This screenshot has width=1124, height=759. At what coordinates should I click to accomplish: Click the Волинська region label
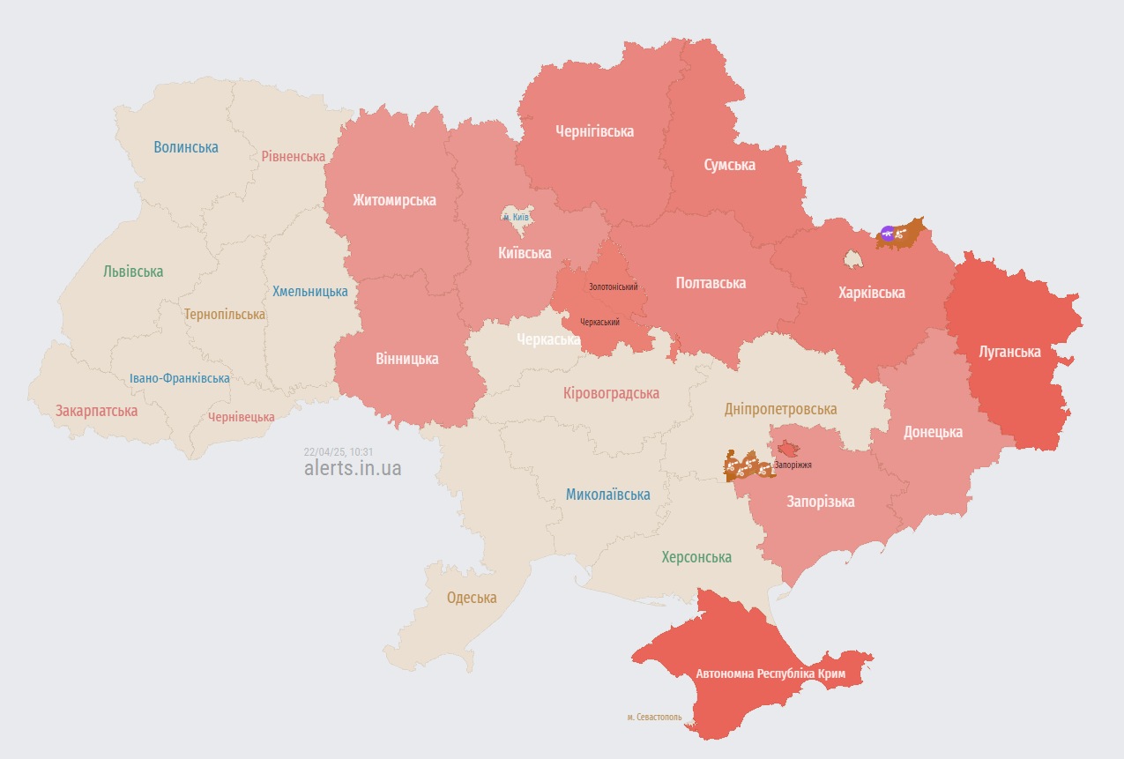pyautogui.click(x=186, y=147)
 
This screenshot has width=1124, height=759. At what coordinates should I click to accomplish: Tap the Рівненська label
pyautogui.click(x=294, y=156)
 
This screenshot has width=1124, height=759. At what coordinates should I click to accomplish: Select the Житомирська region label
pyautogui.click(x=394, y=200)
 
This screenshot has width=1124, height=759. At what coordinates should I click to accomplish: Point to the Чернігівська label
pyautogui.click(x=594, y=131)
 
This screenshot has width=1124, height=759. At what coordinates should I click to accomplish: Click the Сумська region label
pyautogui.click(x=729, y=165)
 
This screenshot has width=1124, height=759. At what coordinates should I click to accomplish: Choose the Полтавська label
pyautogui.click(x=711, y=283)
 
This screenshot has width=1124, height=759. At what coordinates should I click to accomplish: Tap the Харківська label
pyautogui.click(x=871, y=293)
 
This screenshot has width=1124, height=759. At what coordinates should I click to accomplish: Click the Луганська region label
pyautogui.click(x=1009, y=352)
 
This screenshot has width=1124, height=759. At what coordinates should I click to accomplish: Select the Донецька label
pyautogui.click(x=933, y=432)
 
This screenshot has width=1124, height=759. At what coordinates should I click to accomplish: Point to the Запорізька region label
pyautogui.click(x=821, y=502)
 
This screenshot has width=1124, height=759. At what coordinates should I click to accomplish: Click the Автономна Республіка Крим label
pyautogui.click(x=770, y=673)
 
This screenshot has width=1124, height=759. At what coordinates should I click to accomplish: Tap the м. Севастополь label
pyautogui.click(x=654, y=718)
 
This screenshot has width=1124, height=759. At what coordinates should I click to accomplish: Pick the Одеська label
pyautogui.click(x=472, y=598)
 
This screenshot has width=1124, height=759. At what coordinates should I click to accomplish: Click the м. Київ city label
pyautogui.click(x=516, y=217)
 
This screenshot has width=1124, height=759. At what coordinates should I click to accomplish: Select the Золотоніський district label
pyautogui.click(x=614, y=287)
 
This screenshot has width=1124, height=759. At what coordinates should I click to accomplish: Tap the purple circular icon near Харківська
pyautogui.click(x=888, y=233)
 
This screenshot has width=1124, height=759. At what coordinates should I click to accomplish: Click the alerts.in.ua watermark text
pyautogui.click(x=353, y=468)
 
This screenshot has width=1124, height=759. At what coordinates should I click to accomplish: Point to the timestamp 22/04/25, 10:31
pyautogui.click(x=339, y=451)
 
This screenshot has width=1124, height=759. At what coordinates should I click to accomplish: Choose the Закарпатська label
pyautogui.click(x=96, y=411)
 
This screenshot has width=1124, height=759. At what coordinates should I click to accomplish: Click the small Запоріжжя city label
pyautogui.click(x=793, y=465)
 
